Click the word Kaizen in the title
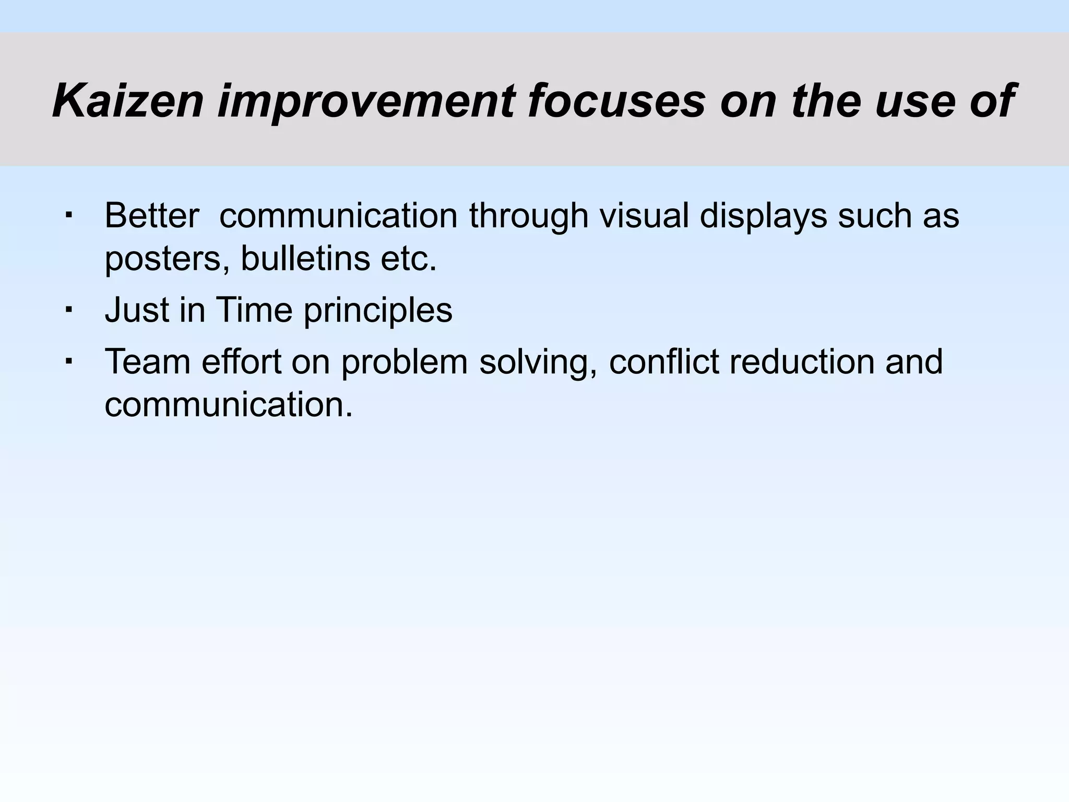click(x=127, y=100)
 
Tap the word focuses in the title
click(x=616, y=100)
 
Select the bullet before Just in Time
click(x=68, y=309)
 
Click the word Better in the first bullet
click(x=152, y=215)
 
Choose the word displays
click(x=763, y=215)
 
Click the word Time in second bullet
click(x=254, y=310)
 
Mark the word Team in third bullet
click(x=148, y=361)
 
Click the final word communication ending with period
click(x=229, y=405)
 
